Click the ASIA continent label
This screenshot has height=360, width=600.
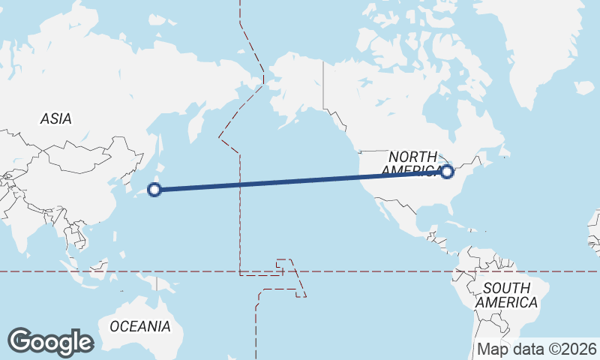(55, 118)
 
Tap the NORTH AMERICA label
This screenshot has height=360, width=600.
(412, 163)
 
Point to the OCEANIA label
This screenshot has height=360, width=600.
(139, 326)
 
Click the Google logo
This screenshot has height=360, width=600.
(50, 341)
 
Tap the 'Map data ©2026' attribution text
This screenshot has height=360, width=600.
(536, 349)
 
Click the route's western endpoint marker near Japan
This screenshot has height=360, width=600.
(154, 190)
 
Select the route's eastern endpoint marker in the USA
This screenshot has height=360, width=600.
(448, 172)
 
